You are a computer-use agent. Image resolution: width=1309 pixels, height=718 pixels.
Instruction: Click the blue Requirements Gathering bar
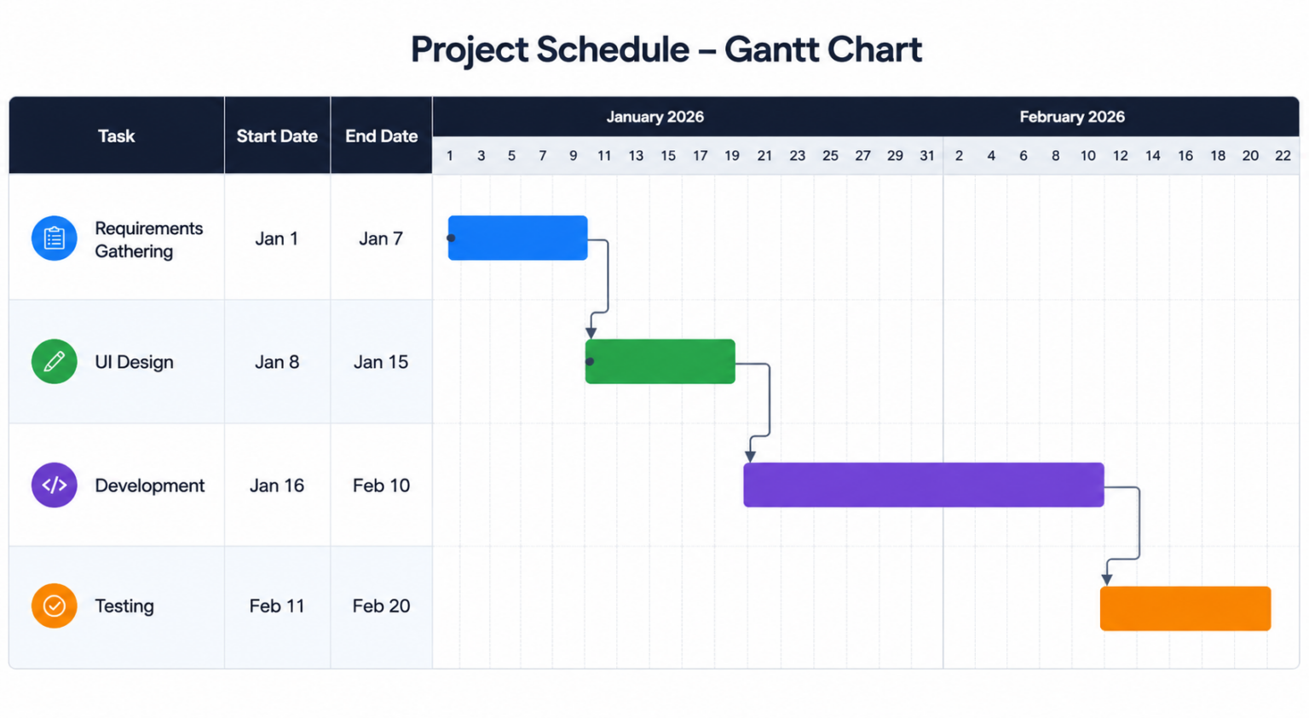pyautogui.click(x=518, y=238)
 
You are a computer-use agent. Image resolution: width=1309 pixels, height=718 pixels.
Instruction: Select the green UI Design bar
pyautogui.click(x=660, y=362)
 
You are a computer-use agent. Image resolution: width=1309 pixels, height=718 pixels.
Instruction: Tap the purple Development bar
pyautogui.click(x=924, y=485)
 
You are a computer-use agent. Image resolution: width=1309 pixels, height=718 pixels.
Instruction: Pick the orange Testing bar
pyautogui.click(x=1185, y=608)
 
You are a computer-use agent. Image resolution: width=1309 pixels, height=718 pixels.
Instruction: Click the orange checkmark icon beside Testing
pyautogui.click(x=55, y=606)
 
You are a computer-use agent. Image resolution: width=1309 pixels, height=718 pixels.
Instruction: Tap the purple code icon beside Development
pyautogui.click(x=55, y=485)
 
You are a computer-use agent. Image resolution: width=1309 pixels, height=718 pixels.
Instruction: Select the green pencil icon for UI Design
pyautogui.click(x=55, y=362)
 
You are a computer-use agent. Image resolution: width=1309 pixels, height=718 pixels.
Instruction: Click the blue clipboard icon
pyautogui.click(x=55, y=238)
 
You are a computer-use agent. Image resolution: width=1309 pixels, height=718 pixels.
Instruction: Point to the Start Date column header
pyautogui.click(x=277, y=136)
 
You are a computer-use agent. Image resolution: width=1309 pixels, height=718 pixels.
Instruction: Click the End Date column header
pyautogui.click(x=382, y=136)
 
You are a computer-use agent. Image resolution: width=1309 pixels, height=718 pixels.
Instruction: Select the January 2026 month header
pyautogui.click(x=655, y=117)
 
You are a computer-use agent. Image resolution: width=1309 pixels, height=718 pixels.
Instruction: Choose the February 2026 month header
pyautogui.click(x=1072, y=117)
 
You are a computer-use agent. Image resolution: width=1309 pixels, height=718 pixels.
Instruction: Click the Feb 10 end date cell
pyautogui.click(x=382, y=485)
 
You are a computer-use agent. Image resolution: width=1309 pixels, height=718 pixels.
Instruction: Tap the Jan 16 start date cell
pyautogui.click(x=277, y=485)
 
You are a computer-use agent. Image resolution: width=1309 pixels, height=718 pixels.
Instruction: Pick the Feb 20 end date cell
pyautogui.click(x=382, y=606)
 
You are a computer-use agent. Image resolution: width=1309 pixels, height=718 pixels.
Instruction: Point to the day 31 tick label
pyautogui.click(x=927, y=156)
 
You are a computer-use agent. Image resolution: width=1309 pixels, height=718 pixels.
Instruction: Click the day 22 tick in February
pyautogui.click(x=1283, y=156)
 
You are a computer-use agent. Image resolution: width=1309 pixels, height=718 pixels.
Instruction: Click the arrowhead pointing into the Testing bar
pyautogui.click(x=1107, y=580)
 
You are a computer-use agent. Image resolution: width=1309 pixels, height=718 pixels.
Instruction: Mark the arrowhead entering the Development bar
pyautogui.click(x=750, y=457)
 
